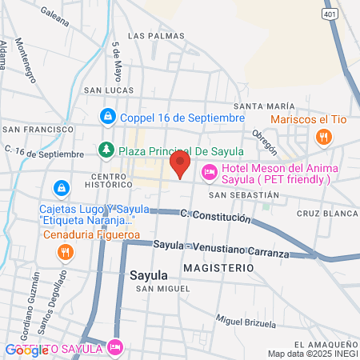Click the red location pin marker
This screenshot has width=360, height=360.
tap(180, 165)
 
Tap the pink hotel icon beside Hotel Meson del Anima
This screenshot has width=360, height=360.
tap(210, 170)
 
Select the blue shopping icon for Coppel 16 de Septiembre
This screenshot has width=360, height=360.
tap(106, 118)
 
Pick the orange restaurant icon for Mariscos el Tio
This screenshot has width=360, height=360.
tap(323, 137)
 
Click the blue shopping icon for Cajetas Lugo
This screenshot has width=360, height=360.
tap(59, 189)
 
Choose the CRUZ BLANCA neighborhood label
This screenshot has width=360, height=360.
tap(326, 214)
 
